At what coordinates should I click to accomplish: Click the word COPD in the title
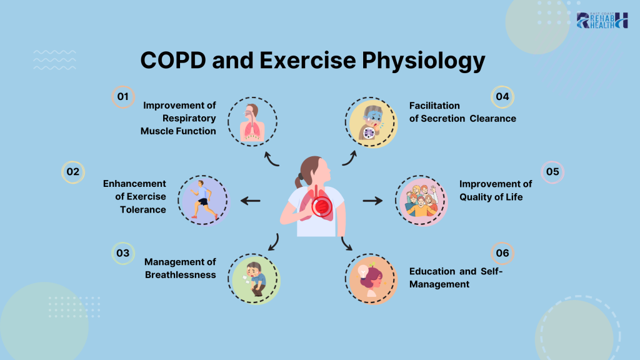[x=173, y=61]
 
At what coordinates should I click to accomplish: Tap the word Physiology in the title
[x=423, y=61]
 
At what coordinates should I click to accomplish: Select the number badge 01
[x=123, y=97]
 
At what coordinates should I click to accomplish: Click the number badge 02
[x=73, y=172]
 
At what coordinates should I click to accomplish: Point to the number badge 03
[x=123, y=253]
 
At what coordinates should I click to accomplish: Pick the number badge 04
[x=502, y=97]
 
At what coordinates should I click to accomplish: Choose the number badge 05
[x=552, y=172]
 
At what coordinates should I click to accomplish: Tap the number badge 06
[x=502, y=253]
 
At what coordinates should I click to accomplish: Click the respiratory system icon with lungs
[x=252, y=122]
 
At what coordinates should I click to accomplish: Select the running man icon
[x=203, y=201]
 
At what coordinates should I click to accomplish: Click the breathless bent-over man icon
[x=254, y=279]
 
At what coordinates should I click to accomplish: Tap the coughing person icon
[x=371, y=123]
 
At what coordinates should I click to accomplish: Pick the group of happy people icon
[x=421, y=201]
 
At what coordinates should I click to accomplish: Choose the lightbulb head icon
[x=371, y=279]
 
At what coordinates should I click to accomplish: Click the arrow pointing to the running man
[x=250, y=201]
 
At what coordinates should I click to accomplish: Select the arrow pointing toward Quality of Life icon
[x=372, y=201]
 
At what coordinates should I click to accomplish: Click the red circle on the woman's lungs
[x=322, y=206]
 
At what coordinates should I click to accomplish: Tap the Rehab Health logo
[x=602, y=21]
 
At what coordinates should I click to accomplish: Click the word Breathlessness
[x=181, y=275]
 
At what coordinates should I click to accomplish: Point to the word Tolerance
[x=143, y=209]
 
